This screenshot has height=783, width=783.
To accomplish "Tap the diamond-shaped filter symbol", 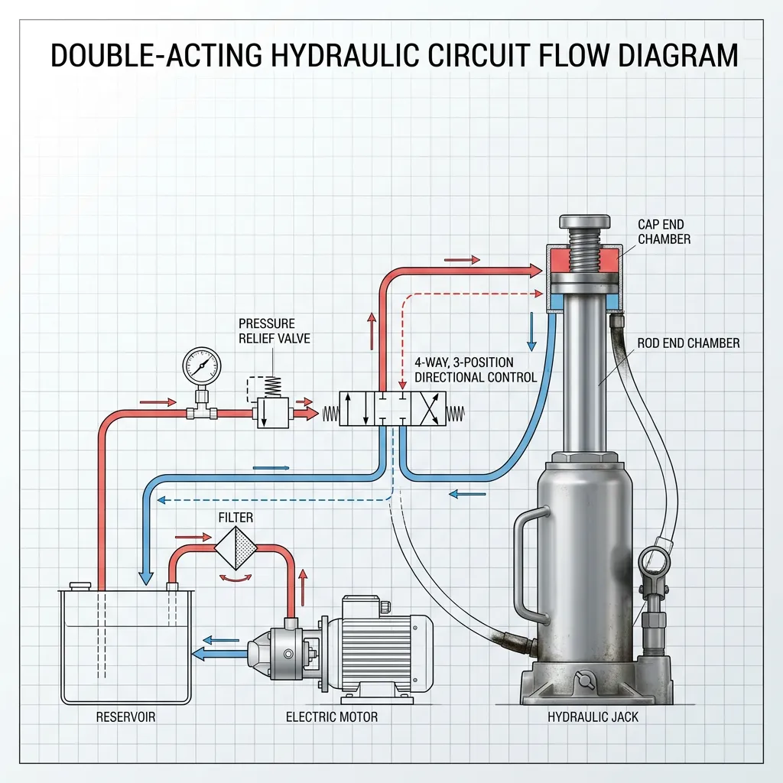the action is pyautogui.click(x=236, y=548).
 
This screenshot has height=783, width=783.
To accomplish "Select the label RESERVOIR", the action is pyautogui.click(x=126, y=717).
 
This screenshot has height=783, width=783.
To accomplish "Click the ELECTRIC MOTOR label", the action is pyautogui.click(x=332, y=717).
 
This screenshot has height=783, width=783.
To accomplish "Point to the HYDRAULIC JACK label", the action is pyautogui.click(x=593, y=717).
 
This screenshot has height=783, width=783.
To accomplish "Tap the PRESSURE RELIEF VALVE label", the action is pyautogui.click(x=275, y=330).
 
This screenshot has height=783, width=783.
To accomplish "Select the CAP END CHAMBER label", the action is pyautogui.click(x=664, y=232).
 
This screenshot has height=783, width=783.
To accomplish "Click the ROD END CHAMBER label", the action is pyautogui.click(x=688, y=343).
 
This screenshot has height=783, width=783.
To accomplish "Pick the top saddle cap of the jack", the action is pyautogui.click(x=585, y=221).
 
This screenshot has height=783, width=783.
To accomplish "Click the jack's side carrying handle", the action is pyautogui.click(x=525, y=564).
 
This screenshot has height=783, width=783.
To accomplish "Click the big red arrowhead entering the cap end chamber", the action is pyautogui.click(x=534, y=271).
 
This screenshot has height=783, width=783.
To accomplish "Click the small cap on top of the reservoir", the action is pyautogui.click(x=80, y=586).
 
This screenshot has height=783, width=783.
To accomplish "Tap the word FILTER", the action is pyautogui.click(x=236, y=518).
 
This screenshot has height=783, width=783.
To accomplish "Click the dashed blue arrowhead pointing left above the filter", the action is pyautogui.click(x=161, y=500).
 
